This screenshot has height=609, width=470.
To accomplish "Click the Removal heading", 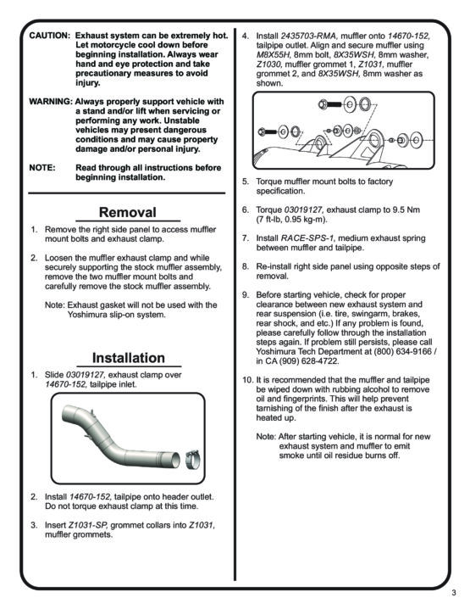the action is [x=128, y=212].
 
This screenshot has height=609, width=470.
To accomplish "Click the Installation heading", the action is [x=129, y=358].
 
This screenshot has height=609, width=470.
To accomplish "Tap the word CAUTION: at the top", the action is [x=49, y=36].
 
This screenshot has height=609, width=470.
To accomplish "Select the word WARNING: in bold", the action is [x=51, y=102].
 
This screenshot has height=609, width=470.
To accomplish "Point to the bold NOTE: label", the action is [x=41, y=168].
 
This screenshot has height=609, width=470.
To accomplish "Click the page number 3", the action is [x=454, y=593].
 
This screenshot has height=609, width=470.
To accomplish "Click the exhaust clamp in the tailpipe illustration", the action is [x=193, y=460].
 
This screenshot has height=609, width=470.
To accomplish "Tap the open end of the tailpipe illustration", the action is [x=175, y=460].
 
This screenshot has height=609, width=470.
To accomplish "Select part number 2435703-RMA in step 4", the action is [x=309, y=36].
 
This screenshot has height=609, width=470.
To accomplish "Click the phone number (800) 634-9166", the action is [x=402, y=351].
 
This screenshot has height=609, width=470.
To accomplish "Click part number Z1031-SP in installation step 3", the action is [x=89, y=525].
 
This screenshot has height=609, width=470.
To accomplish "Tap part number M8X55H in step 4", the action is [x=273, y=55].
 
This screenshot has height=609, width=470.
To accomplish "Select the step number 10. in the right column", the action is [x=248, y=380].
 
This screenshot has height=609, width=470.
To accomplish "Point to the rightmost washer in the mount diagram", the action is [x=417, y=139].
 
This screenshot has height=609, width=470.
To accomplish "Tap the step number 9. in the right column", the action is [x=246, y=295].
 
